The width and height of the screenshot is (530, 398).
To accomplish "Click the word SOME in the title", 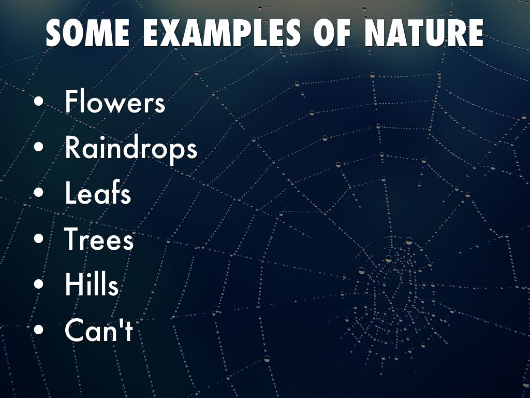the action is (87, 33).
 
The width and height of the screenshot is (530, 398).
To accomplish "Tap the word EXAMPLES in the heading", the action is (222, 33).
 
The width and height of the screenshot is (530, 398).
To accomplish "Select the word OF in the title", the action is (332, 33).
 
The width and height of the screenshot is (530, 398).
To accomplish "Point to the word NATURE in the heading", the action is (424, 33).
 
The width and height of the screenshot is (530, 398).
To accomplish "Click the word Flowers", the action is (115, 102).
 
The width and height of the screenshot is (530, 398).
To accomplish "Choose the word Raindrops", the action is (131, 148).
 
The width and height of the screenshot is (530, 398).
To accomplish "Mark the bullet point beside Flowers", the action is (39, 102).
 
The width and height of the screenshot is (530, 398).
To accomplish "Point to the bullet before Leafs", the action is (39, 192).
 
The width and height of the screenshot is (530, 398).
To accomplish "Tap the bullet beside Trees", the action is (39, 238).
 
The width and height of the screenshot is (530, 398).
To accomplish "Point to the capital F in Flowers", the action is (71, 102).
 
